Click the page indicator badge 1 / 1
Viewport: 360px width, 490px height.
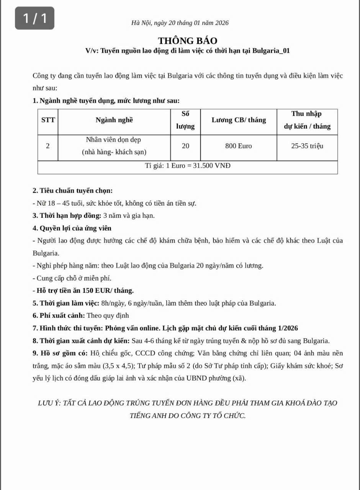(x=34, y=18)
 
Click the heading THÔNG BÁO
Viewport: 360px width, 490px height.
(x=188, y=41)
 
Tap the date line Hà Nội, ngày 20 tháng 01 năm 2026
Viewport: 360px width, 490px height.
(x=180, y=23)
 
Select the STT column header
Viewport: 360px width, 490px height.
(x=48, y=120)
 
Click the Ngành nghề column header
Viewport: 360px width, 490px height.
(x=114, y=120)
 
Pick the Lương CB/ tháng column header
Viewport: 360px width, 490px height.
(x=239, y=120)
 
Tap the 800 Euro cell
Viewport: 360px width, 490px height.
(x=239, y=146)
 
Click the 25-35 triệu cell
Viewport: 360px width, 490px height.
(x=307, y=146)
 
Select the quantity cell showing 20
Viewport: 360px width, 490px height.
(x=185, y=146)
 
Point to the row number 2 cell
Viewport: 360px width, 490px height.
(x=47, y=146)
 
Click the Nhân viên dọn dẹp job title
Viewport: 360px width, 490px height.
(x=114, y=140)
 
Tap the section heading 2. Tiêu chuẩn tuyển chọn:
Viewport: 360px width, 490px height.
(x=73, y=191)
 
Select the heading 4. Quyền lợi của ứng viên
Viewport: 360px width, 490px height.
(x=72, y=228)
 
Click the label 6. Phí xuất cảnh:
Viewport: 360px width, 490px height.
(x=59, y=316)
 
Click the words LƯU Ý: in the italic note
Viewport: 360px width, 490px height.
(x=50, y=403)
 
